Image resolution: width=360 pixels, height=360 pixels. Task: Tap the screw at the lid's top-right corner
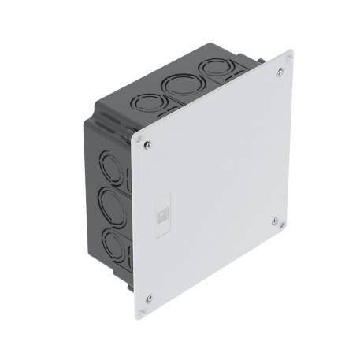[281, 73]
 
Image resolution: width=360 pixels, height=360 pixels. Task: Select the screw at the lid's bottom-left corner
[148, 298]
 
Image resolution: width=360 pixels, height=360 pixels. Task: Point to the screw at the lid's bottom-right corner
[273, 221]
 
